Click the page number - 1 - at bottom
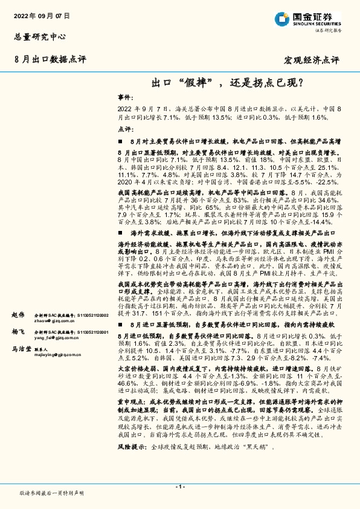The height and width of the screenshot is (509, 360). click(x=179, y=487)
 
